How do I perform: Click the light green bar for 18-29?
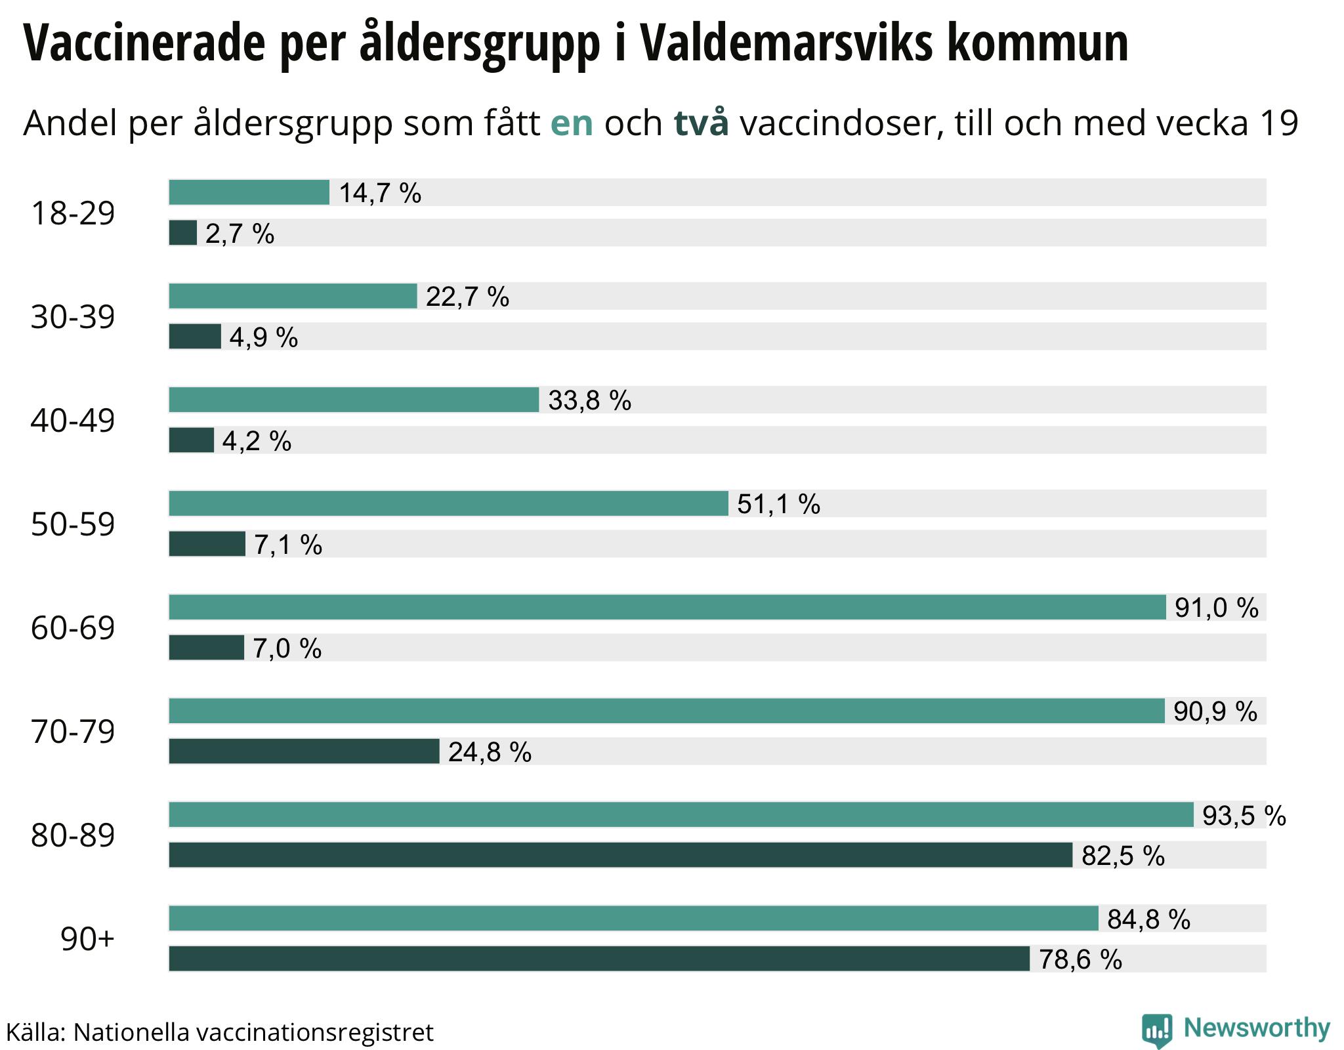[x=249, y=192]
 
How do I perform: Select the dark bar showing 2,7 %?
[x=182, y=233]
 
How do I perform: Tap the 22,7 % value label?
[x=467, y=297]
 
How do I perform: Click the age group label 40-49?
[x=73, y=420]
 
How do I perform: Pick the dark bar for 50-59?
[x=207, y=544]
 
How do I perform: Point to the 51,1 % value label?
[x=778, y=504]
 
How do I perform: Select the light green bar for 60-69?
[x=667, y=607]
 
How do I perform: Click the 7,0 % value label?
[x=287, y=648]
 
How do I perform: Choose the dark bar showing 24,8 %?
[x=304, y=751]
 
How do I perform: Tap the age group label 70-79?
[x=73, y=731]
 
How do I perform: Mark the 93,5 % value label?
[x=1244, y=816]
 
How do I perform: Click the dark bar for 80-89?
[x=620, y=855]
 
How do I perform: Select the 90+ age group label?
[x=87, y=939]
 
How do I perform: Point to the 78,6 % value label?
[x=1080, y=959]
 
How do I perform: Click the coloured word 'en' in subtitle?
[x=572, y=123]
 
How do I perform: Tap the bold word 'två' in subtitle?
[x=701, y=123]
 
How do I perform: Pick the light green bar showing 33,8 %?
[x=354, y=400]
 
